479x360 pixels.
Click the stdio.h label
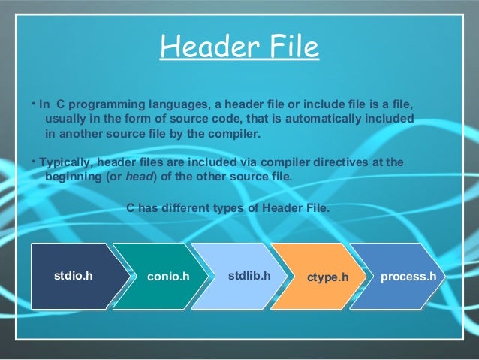pos(74,276)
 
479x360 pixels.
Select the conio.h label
pos(167,277)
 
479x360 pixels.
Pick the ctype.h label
pos(329,277)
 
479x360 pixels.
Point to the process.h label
pos(408,276)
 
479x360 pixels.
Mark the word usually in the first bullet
pos(65,119)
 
